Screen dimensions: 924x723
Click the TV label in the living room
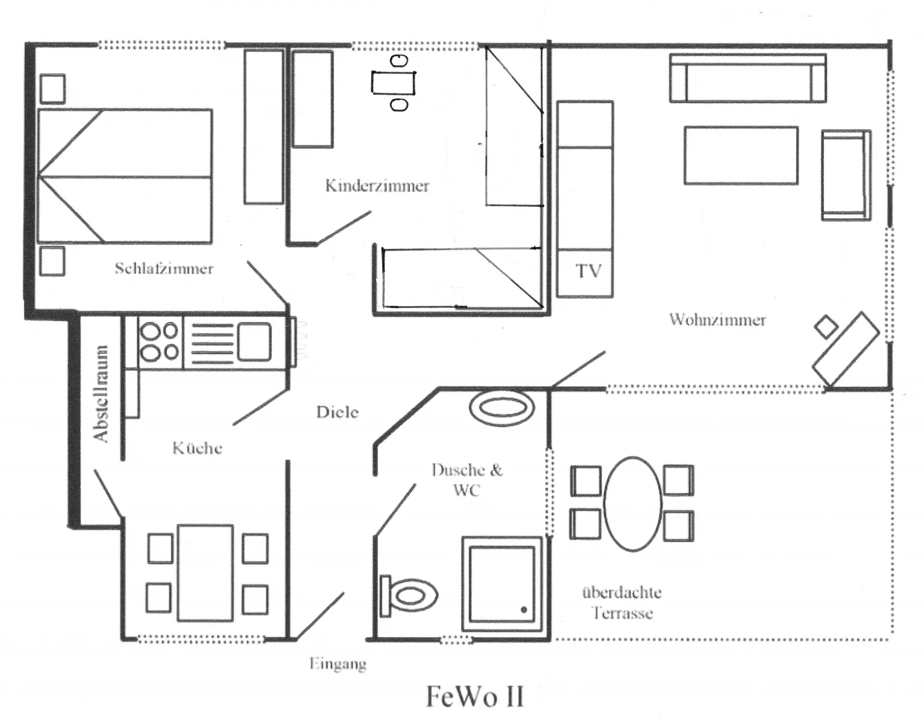[x=588, y=271]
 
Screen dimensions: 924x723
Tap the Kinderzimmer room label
[x=377, y=186]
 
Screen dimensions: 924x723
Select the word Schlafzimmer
[x=164, y=268]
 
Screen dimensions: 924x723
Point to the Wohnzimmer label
[x=717, y=320]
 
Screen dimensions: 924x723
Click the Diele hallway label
[x=337, y=412]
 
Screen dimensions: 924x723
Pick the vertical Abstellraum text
[x=100, y=393]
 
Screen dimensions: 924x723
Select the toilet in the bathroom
[x=409, y=595]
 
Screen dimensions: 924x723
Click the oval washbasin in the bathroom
[x=501, y=408]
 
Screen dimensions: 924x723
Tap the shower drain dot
[x=524, y=610]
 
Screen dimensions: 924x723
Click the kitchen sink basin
[x=254, y=342]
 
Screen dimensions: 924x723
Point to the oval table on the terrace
[x=633, y=504]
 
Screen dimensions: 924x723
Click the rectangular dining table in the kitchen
[x=206, y=573]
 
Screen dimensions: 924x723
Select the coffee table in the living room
[x=741, y=155]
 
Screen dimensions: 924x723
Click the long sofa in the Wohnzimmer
[x=748, y=78]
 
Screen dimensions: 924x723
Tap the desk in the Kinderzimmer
[x=394, y=83]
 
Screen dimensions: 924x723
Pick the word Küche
[x=197, y=448]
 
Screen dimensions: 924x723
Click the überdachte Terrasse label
[x=621, y=602]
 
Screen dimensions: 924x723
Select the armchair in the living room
[x=846, y=175]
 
